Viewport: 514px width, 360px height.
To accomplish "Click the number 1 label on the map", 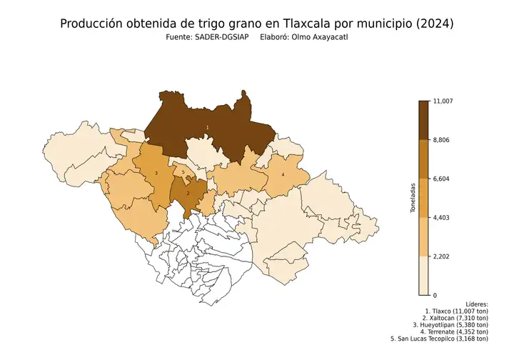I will [207, 127].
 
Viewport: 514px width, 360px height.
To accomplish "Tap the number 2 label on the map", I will [188, 193].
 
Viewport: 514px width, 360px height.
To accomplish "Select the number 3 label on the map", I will [156, 174].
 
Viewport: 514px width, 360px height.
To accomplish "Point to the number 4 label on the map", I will [283, 174].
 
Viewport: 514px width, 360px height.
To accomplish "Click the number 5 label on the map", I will [183, 173].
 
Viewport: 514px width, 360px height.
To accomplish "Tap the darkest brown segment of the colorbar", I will [423, 120].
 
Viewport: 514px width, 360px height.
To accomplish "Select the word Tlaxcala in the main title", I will [313, 24].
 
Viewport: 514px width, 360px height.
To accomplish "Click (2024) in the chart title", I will [434, 24].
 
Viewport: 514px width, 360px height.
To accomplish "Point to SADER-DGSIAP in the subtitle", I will [217, 38].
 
